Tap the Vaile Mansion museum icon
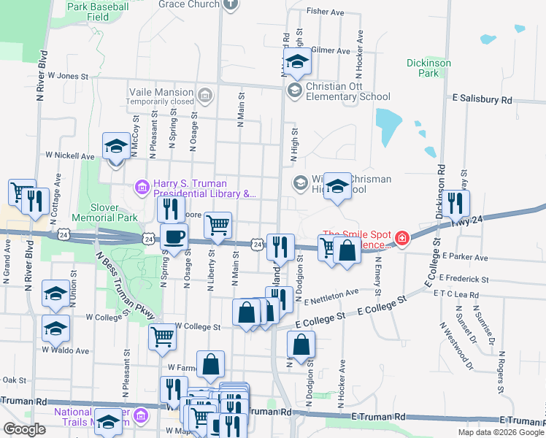click(205, 94)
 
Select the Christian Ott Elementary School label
click(347, 91)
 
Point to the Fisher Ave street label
click(326, 12)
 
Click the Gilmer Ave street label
click(331, 51)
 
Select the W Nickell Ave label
click(70, 155)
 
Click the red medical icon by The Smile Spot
click(401, 238)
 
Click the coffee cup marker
click(174, 237)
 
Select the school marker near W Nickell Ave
click(116, 148)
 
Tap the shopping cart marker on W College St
click(162, 337)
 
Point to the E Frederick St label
click(464, 279)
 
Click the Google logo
click(24, 429)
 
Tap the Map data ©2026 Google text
click(501, 432)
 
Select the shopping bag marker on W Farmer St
click(210, 364)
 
